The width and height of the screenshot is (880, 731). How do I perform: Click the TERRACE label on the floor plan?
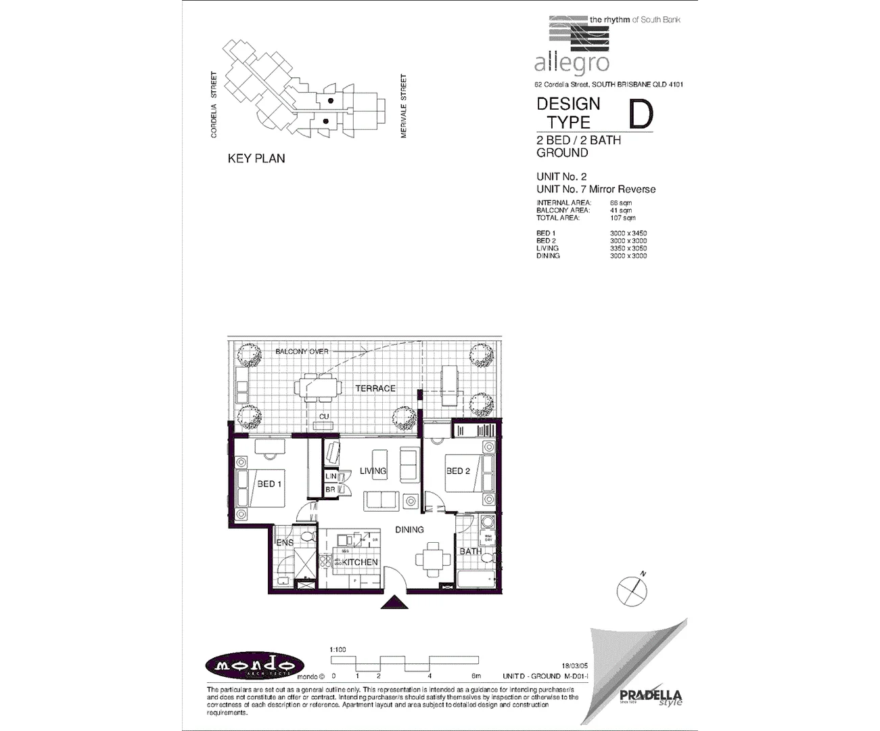click(x=375, y=389)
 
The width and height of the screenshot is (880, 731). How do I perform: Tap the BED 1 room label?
click(x=269, y=484)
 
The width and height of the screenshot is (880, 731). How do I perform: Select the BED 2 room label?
click(x=458, y=471)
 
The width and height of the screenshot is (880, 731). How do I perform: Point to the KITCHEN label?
click(x=360, y=562)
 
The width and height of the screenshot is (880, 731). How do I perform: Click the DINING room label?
click(x=409, y=530)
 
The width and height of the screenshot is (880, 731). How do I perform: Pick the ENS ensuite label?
click(x=285, y=543)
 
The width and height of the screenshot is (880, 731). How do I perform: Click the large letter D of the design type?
click(x=641, y=114)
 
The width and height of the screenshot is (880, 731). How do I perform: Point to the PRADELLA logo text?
click(x=651, y=695)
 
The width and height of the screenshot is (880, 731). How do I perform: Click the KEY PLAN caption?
click(x=256, y=158)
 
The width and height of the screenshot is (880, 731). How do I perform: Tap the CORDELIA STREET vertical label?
click(x=214, y=105)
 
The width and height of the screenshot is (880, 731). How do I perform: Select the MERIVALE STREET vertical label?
click(x=404, y=106)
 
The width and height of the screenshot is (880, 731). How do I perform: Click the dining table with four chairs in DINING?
click(x=432, y=559)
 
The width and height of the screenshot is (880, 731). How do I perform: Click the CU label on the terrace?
click(x=324, y=416)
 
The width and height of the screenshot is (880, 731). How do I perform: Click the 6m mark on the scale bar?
click(x=476, y=676)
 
